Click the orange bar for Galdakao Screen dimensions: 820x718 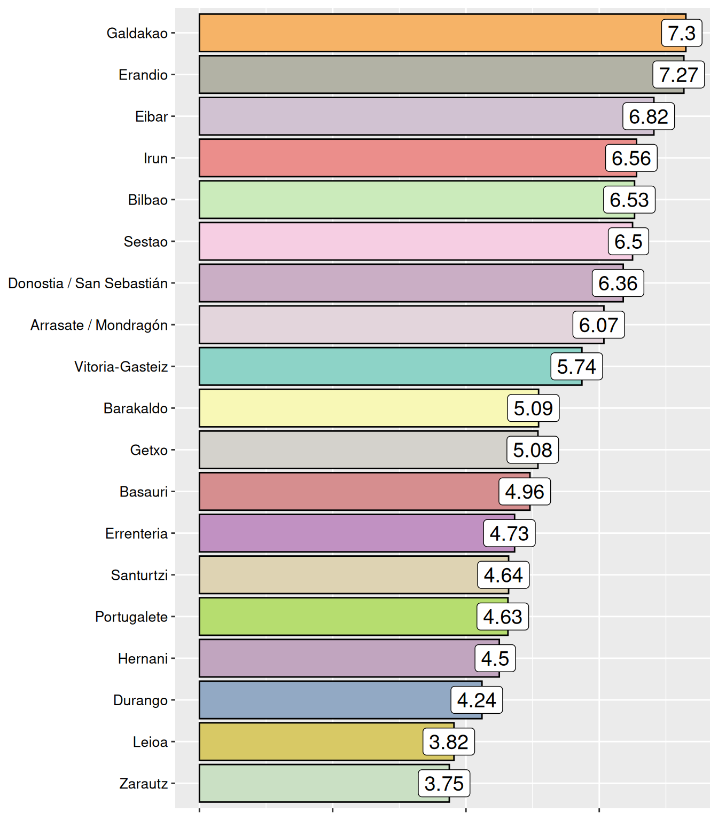[427, 33]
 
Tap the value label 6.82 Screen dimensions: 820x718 [649, 116]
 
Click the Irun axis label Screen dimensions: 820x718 [155, 158]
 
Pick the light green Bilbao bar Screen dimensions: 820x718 [401, 200]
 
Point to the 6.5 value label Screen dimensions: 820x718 [628, 241]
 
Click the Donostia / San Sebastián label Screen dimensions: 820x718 [88, 283]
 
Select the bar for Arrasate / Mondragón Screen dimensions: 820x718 [385, 325]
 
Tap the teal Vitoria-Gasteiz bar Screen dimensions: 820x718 [374, 366]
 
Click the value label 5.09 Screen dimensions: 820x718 [533, 408]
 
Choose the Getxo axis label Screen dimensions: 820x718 [149, 450]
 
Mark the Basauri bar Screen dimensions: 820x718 [347, 492]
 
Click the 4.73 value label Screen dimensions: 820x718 [509, 533]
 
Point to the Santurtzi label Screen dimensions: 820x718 [139, 575]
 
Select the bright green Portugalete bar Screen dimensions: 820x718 [337, 617]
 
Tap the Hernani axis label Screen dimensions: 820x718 [143, 658]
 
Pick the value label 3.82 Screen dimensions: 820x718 [449, 742]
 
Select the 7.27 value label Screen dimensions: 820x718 [678, 75]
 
